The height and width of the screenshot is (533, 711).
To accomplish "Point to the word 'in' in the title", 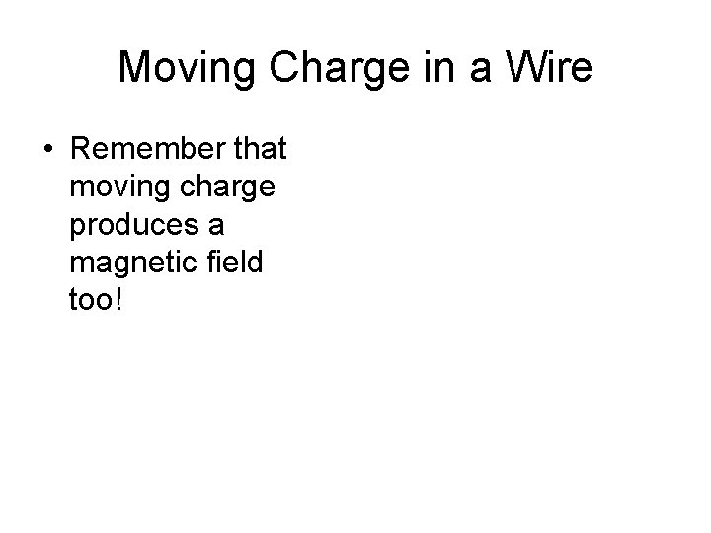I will click(413, 68).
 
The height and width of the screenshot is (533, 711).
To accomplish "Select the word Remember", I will click(144, 150).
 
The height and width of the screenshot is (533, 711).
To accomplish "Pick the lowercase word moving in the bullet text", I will click(116, 188).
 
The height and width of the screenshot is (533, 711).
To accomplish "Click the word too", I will click(90, 300).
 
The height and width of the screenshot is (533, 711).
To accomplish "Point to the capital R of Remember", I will click(80, 150).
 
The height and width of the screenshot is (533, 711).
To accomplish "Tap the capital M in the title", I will click(134, 68).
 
